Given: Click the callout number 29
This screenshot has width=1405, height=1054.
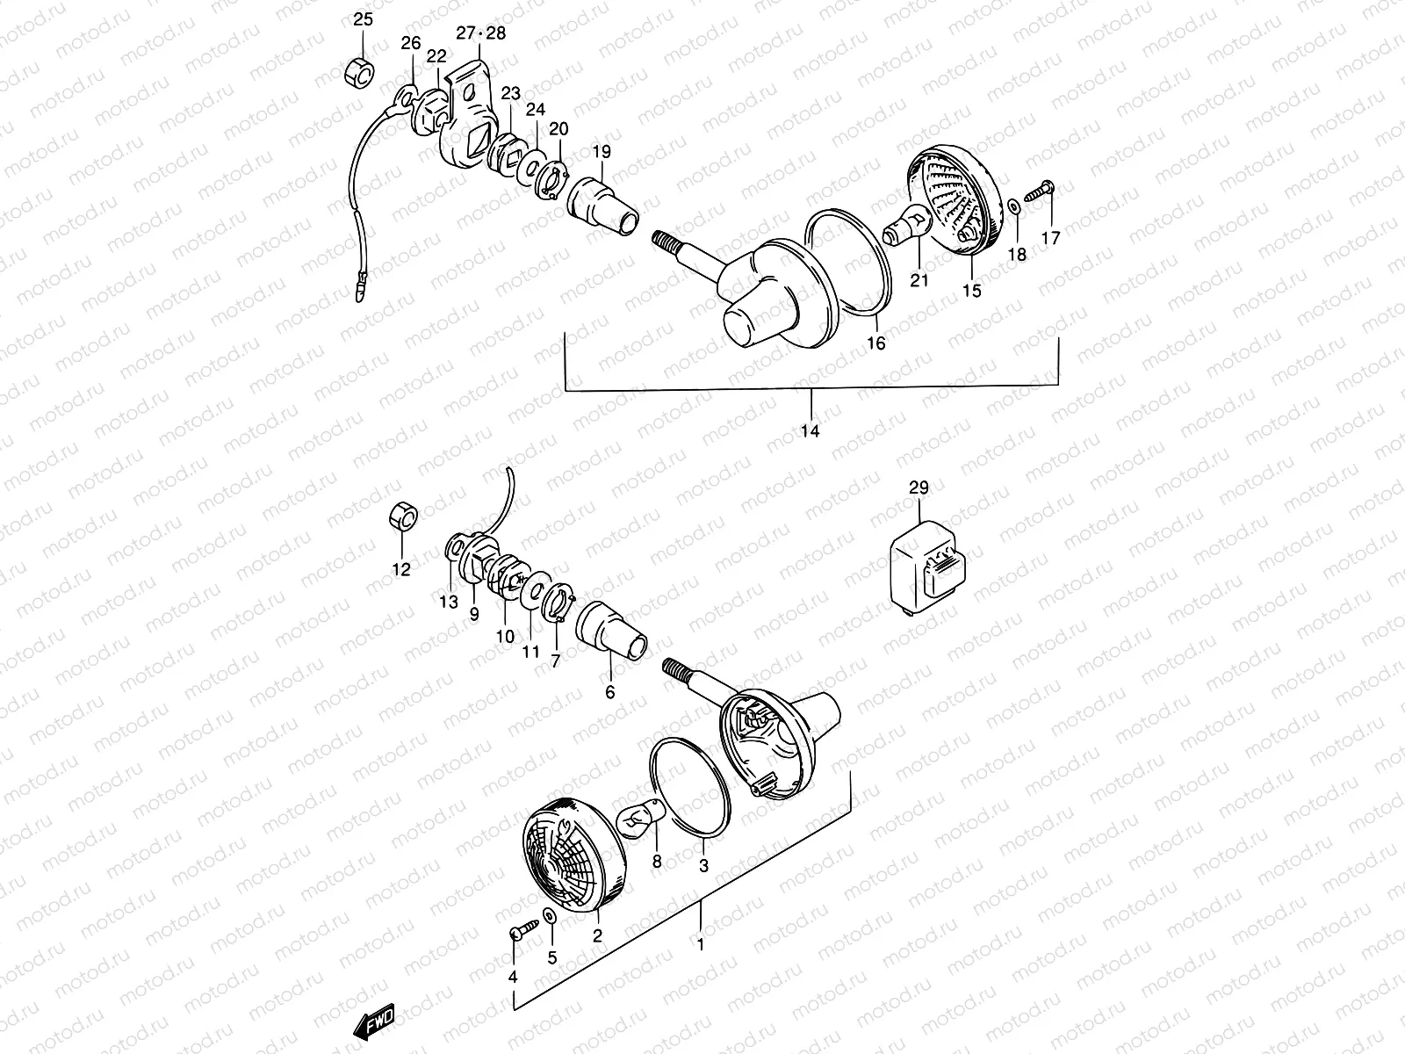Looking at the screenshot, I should tap(919, 488).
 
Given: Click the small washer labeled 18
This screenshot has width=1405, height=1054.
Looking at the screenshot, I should tap(1014, 205).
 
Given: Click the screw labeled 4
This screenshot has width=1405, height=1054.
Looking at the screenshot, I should tap(518, 930).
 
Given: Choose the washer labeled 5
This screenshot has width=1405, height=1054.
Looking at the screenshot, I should tap(549, 917).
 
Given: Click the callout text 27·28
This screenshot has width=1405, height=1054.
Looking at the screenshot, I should tap(480, 32).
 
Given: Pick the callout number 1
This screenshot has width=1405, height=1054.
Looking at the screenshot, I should tap(700, 946).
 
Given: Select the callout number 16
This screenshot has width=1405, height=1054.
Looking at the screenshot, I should tap(876, 343).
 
